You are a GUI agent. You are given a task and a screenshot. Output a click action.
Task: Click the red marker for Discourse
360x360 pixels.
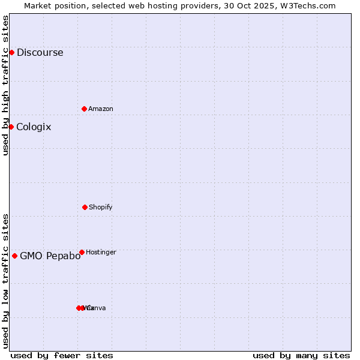tap(11, 52)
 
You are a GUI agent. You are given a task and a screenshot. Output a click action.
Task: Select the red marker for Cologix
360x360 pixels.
tap(11, 127)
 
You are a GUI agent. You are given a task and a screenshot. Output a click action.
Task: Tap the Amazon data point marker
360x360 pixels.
tap(84, 109)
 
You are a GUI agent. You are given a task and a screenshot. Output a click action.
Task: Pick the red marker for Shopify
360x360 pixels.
tap(85, 207)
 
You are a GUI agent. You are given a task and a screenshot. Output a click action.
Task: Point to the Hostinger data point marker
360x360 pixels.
tap(82, 252)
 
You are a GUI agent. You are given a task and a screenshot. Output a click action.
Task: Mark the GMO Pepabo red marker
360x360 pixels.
tap(14, 256)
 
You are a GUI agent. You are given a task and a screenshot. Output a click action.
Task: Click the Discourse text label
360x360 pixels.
tap(40, 52)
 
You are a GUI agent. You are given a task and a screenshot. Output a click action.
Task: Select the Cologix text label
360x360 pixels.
tap(34, 127)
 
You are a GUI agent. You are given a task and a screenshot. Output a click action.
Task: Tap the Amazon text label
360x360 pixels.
tap(101, 109)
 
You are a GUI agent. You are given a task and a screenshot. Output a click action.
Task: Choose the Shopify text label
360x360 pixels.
tap(101, 207)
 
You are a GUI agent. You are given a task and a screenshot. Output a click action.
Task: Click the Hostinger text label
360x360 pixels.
tap(101, 252)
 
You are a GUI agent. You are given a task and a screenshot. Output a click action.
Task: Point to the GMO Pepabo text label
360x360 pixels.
tap(50, 256)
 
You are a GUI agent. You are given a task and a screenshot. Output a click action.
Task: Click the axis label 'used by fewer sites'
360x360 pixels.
tap(62, 355)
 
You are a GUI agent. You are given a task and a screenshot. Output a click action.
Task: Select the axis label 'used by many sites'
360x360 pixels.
tap(301, 355)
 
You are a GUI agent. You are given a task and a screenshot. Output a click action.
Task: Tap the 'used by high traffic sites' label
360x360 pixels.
tap(5, 85)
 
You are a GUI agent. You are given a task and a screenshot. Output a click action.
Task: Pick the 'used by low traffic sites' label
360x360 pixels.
tap(5, 281)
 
